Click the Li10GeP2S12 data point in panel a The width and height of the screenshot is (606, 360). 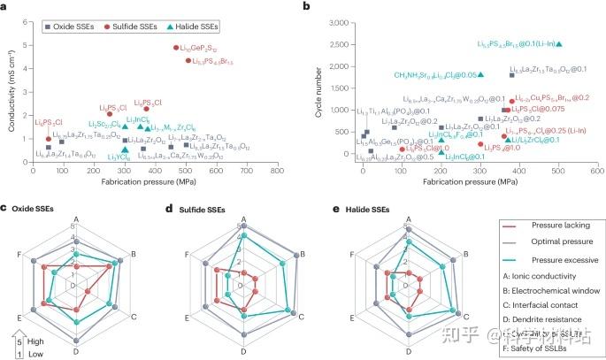tap(177, 48)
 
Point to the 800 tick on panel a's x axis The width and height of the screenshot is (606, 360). tap(277, 169)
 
